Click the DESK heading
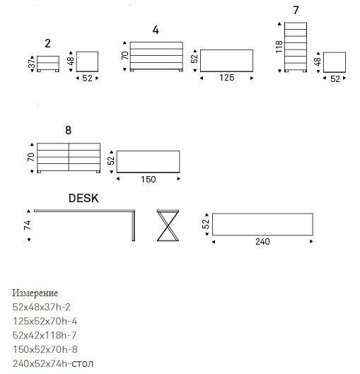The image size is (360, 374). click(x=83, y=198)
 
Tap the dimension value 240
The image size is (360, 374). click(x=262, y=242)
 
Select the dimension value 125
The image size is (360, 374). click(x=226, y=78)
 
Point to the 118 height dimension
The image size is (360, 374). click(x=279, y=47)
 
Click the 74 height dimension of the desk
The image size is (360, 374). click(x=28, y=225)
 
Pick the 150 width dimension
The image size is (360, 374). click(x=148, y=179)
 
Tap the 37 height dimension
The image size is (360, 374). click(x=32, y=64)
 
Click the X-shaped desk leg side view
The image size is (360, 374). click(x=168, y=226)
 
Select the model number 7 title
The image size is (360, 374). click(x=296, y=11)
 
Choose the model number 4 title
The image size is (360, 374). click(x=156, y=30)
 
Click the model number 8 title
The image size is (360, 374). click(x=68, y=130)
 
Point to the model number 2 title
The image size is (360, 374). click(x=47, y=43)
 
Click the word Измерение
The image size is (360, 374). click(x=35, y=293)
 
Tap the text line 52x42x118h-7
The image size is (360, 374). click(x=45, y=335)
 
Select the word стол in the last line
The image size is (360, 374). click(x=82, y=363)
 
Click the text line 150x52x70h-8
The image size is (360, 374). click(x=45, y=349)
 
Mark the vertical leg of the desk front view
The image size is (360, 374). click(x=134, y=226)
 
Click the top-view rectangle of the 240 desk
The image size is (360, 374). click(x=262, y=214)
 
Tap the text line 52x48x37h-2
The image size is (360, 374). click(x=41, y=307)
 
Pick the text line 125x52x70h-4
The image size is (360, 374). click(x=45, y=321)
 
